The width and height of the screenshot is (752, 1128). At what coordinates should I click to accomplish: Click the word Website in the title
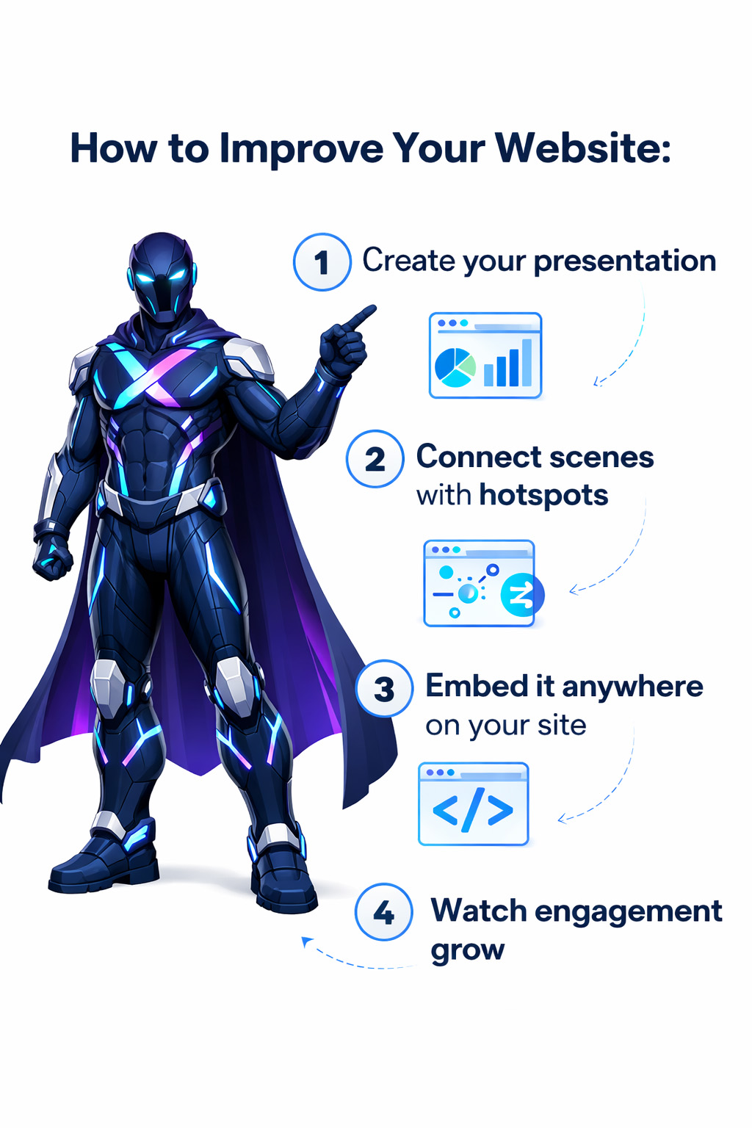pos(583,148)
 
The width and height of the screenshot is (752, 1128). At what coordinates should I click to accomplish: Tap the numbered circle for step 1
pos(322,262)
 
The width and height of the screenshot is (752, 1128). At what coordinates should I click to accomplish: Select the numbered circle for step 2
pos(375,459)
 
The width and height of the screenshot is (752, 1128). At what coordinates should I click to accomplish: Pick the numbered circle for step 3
pos(384,688)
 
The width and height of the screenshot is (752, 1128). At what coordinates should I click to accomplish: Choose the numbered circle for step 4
pos(384,911)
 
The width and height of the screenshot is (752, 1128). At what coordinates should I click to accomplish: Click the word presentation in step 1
pos(624,262)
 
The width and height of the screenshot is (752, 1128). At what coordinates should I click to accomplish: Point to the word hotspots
pos(543,496)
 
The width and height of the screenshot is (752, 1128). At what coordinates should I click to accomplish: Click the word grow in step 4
pos(467,951)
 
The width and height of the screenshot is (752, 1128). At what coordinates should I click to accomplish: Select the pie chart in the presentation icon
pos(455,368)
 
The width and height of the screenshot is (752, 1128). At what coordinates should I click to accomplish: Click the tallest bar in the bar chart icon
pos(527,363)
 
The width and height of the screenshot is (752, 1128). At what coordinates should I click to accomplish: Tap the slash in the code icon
pos(472,809)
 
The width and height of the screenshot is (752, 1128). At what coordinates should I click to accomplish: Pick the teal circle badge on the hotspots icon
pos(521,595)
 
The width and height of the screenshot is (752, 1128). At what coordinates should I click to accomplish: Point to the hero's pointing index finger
pos(361,316)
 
